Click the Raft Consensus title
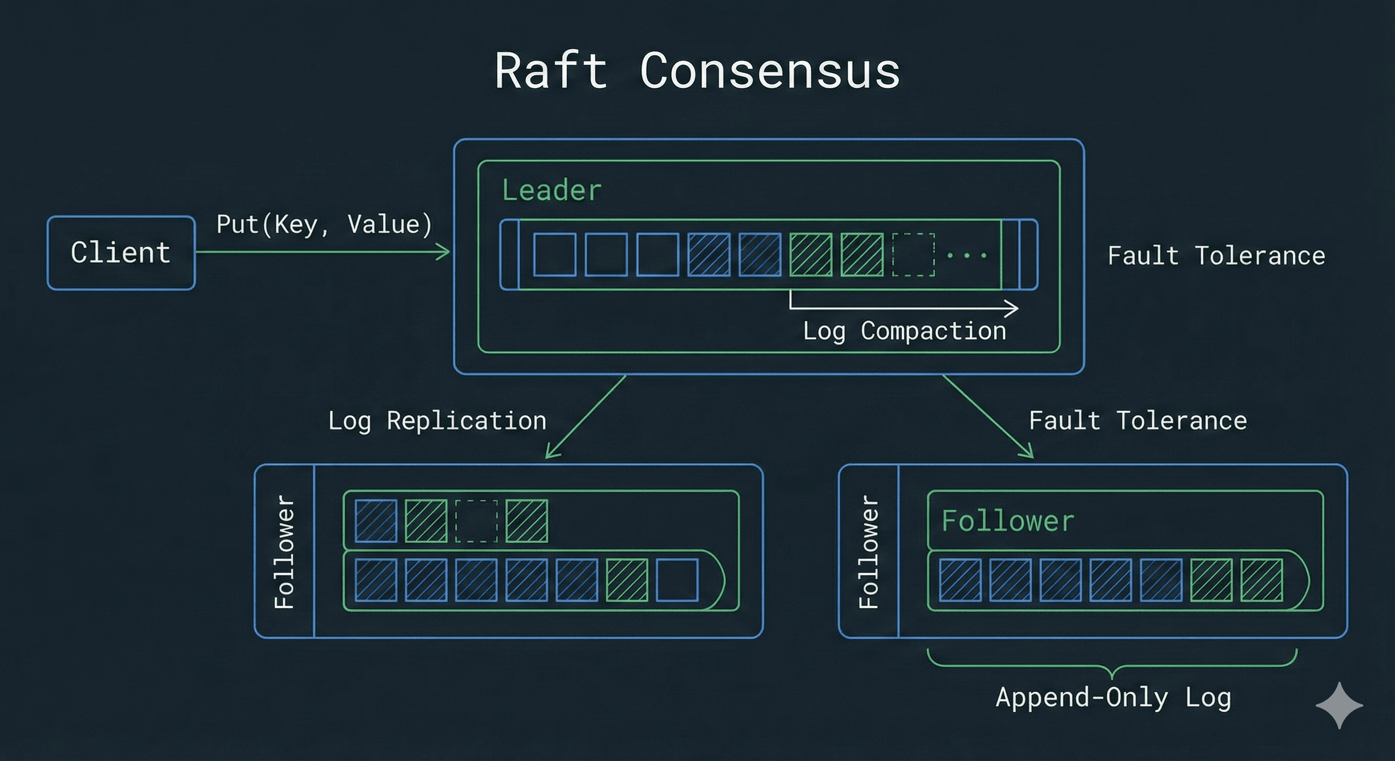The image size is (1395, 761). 697,71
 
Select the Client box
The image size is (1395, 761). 121,253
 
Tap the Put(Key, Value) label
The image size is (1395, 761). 324,224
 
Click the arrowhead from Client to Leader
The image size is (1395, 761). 444,252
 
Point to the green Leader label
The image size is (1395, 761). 551,190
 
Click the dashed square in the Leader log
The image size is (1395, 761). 913,255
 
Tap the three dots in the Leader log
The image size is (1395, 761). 966,255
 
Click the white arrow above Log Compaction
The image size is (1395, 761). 905,308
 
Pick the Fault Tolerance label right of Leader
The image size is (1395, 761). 1216,256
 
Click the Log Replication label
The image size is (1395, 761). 437,421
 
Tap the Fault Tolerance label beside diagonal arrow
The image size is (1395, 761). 1137,421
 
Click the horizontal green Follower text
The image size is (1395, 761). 1007,521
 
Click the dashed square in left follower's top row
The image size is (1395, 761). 476,521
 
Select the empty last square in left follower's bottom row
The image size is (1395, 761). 677,581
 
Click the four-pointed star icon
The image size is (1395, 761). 1339,705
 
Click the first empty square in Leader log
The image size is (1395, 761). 554,255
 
